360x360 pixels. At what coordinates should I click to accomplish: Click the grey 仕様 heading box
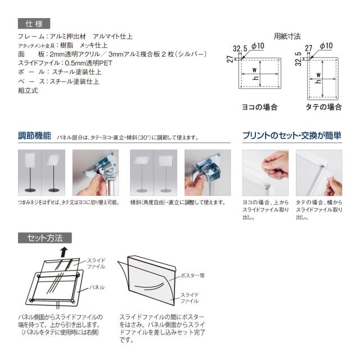[34, 24]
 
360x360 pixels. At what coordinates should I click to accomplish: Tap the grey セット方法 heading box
[45, 238]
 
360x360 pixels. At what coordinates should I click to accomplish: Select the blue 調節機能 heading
[34, 136]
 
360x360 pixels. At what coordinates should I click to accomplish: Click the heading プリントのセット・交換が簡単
[292, 136]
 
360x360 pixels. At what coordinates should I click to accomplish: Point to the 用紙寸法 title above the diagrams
[287, 36]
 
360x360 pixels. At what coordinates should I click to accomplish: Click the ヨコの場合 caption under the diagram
[260, 107]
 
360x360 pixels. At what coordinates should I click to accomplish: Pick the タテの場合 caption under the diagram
[324, 107]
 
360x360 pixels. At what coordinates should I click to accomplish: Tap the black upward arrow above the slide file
[65, 252]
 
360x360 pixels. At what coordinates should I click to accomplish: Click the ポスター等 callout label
[192, 276]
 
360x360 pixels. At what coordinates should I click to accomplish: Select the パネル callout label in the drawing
[97, 287]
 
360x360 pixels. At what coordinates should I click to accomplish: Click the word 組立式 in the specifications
[28, 91]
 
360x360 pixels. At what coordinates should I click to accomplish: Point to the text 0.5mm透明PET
[89, 63]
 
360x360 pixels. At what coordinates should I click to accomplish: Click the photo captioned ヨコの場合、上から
[265, 173]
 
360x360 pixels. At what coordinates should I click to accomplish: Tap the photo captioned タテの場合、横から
[319, 173]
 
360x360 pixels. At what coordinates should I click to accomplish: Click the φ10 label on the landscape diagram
[258, 46]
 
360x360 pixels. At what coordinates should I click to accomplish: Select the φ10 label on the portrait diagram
[326, 46]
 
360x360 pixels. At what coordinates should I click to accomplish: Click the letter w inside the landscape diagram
[254, 70]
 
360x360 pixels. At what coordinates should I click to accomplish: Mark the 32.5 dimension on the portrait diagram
[298, 59]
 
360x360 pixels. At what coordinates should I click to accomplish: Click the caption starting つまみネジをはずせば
[69, 202]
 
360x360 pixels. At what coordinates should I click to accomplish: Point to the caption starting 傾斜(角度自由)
[178, 202]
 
